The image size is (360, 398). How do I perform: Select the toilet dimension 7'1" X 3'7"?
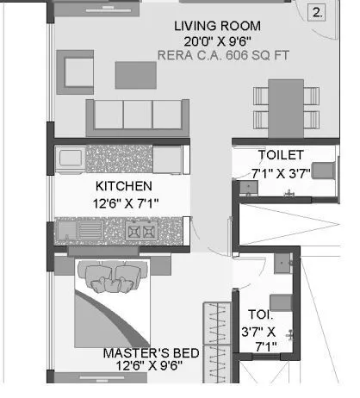278,172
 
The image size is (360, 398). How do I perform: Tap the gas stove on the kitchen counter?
139,231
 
